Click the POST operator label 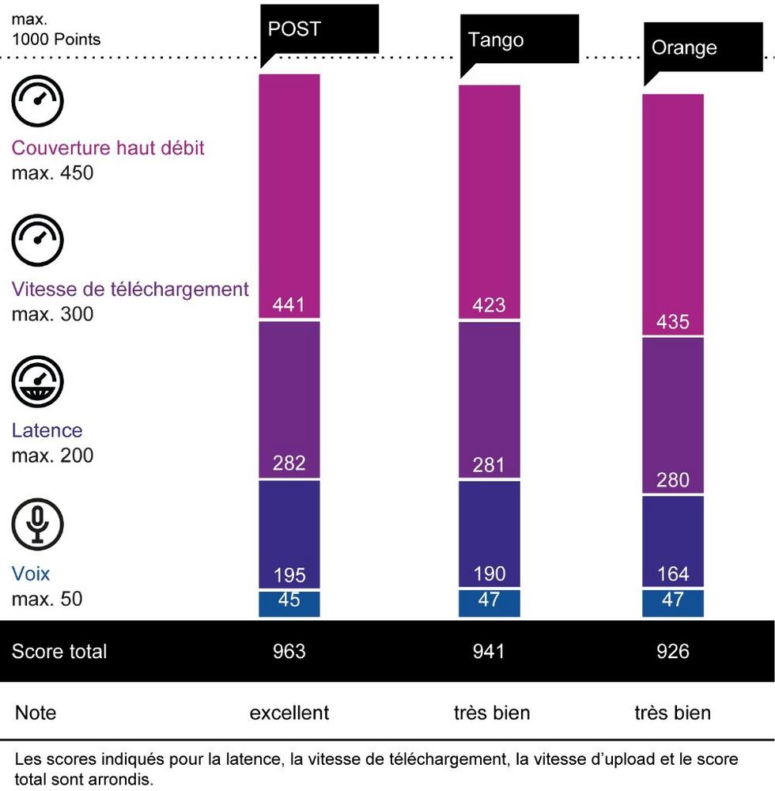click(294, 29)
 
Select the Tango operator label click(496, 40)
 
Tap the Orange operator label click(684, 47)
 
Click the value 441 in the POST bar click(289, 305)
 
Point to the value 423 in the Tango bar click(489, 305)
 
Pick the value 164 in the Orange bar click(672, 574)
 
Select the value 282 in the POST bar click(289, 464)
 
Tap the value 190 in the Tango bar click(489, 574)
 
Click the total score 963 click(289, 652)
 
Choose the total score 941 click(489, 652)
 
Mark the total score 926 click(672, 652)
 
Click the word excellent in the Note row click(289, 713)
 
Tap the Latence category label click(47, 431)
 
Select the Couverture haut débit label click(108, 148)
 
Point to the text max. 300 click(52, 314)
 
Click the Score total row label click(59, 652)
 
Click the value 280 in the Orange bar click(672, 480)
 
